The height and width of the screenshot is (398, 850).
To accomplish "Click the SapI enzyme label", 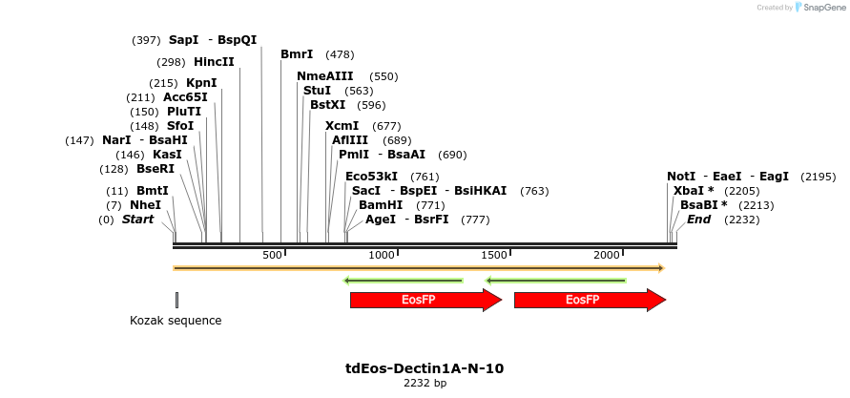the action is tap(183, 40).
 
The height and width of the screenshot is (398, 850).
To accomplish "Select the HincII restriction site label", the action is tap(214, 62).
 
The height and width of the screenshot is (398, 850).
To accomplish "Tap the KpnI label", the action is tap(201, 83).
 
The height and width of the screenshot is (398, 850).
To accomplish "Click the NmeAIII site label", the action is tap(325, 76).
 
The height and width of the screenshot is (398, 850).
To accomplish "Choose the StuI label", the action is tap(318, 91).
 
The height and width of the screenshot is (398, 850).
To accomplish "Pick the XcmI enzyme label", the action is tap(342, 126).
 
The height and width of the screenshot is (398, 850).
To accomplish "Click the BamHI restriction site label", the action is tap(381, 205).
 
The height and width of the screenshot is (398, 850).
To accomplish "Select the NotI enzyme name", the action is tap(681, 177).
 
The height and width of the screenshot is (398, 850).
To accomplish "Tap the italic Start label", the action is tap(137, 220).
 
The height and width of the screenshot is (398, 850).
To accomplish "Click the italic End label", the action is tap(698, 220).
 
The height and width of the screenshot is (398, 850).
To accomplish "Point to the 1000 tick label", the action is tap(382, 256).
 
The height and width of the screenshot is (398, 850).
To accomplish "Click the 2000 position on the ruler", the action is tap(607, 256).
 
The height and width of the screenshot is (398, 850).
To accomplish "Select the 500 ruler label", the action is tap(273, 256).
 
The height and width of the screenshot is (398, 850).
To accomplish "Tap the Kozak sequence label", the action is tap(176, 321).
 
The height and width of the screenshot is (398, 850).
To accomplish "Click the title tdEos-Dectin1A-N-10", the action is tap(425, 368).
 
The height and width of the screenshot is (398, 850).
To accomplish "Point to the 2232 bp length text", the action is tap(425, 384).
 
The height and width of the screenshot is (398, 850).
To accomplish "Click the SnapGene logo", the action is tap(819, 8).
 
